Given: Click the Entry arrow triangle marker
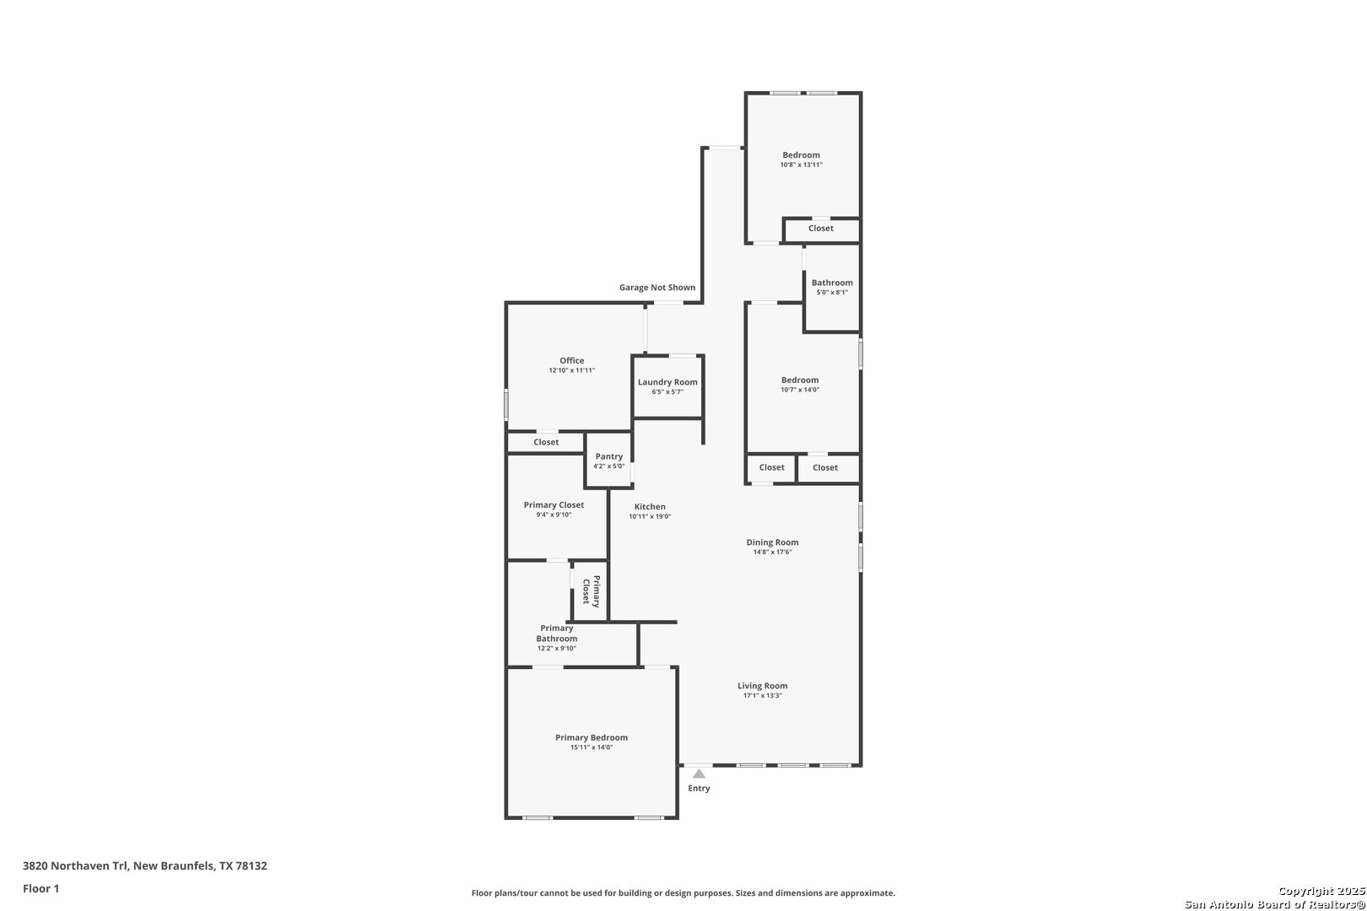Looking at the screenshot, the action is (699, 774).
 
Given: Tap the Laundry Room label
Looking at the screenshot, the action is (667, 382).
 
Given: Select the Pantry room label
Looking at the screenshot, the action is (609, 456).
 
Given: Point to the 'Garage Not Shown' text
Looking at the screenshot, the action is (657, 288).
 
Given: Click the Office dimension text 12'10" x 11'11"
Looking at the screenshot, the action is (572, 370).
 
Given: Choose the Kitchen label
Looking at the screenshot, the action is (650, 506).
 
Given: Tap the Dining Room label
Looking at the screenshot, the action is (773, 542).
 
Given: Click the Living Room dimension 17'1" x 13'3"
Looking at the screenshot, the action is (763, 696).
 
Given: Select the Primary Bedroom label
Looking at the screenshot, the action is (592, 738).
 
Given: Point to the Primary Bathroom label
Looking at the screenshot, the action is (557, 633).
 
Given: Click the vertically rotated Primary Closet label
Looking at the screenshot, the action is (592, 590).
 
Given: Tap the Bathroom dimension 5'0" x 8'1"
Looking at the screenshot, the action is (832, 292).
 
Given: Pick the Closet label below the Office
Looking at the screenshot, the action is (546, 442).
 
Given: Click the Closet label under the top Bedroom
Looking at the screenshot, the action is (821, 229).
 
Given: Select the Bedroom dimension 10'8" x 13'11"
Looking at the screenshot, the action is (802, 164).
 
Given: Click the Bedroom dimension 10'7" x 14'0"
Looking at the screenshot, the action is (800, 390).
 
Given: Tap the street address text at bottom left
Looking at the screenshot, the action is (144, 865).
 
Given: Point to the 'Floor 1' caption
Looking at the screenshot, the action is (41, 889).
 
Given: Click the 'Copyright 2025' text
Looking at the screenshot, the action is (1321, 891).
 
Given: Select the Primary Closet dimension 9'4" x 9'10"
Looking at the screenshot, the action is (554, 515).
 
